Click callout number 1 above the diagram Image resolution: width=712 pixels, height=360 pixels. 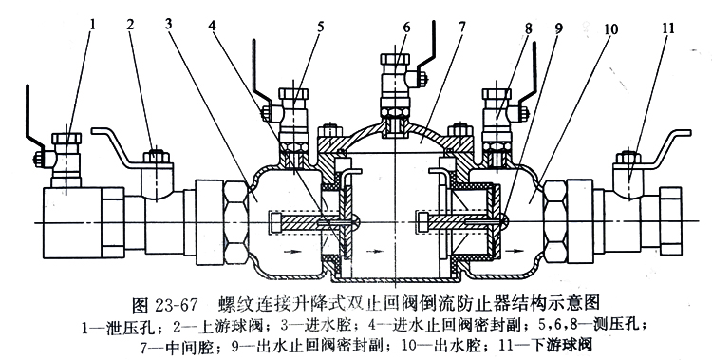pos(94,24)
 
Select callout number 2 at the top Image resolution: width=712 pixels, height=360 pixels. pos(130,25)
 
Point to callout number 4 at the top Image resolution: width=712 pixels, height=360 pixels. pos(212,25)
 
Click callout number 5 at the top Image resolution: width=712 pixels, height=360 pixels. pos(321,27)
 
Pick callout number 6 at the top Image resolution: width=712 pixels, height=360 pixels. pos(406,28)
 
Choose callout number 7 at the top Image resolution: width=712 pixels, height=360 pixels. pos(461,27)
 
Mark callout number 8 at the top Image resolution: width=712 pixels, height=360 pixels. pos(528,28)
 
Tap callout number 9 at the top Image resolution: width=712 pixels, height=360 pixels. pos(558,28)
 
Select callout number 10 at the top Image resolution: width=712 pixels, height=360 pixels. pos(610,29)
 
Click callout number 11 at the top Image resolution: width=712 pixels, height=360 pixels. pos(668,28)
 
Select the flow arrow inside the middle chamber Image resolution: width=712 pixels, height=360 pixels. pos(375,250)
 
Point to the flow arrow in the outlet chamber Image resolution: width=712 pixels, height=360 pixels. pos(515,250)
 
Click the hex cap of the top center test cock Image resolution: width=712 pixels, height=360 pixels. pos(395,60)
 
